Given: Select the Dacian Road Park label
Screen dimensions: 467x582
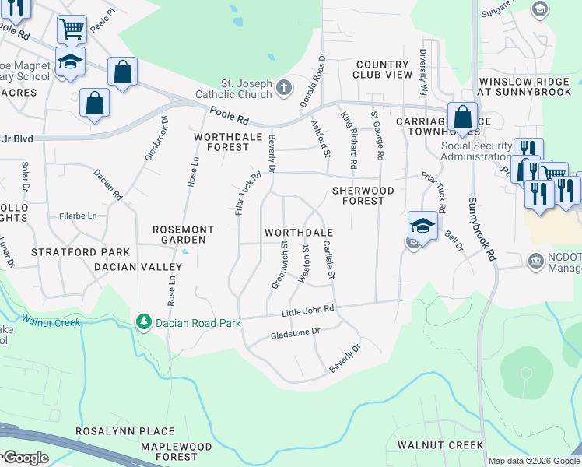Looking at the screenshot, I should coord(195,322).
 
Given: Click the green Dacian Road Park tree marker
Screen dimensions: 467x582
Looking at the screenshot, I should coord(142,321).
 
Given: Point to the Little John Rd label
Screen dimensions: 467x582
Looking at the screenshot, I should coord(307,311).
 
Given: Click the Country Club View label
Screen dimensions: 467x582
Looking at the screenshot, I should coord(382,69).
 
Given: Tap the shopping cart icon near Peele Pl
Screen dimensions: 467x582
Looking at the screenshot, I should coord(71,30).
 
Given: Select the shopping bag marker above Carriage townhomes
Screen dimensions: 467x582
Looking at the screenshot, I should coord(462,118).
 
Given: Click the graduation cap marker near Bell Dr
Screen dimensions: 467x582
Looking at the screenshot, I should coord(422,226).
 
